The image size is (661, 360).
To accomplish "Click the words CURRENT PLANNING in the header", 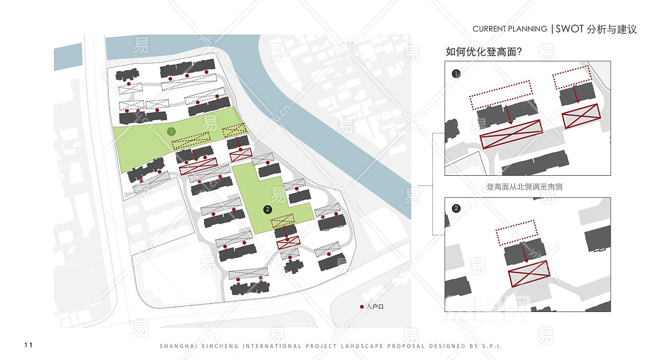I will pos(510,29).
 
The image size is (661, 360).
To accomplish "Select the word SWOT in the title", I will pos(570,29).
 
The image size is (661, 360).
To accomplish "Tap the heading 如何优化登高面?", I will pos(483,52).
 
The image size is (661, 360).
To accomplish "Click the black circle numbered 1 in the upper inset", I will pos(456,74).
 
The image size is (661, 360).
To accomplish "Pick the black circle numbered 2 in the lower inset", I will pos(456,208).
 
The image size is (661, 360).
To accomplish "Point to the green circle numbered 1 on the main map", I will pos(171,131).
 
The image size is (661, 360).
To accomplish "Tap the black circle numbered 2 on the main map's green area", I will pos(268,209).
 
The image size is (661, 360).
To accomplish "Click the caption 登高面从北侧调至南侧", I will pos(524,187).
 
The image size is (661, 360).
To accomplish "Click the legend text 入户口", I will pos(374,307).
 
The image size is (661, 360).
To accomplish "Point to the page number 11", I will pos(29,344).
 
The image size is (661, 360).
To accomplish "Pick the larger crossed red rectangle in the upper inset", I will pos(511,134).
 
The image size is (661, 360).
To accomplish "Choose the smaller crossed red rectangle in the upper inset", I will pos(581,115).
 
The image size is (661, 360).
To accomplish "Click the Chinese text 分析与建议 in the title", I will pos(612,29).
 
